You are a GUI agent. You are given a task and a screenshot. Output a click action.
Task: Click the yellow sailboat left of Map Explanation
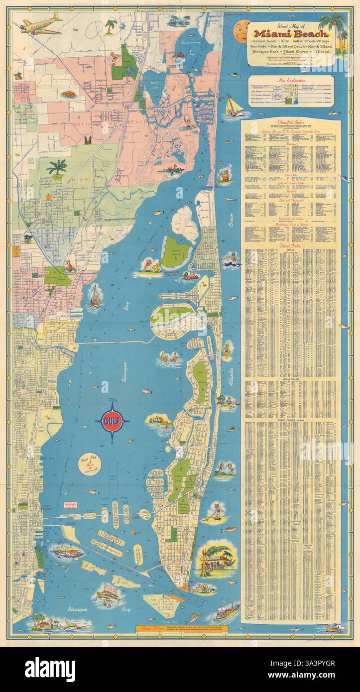click(232, 107)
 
